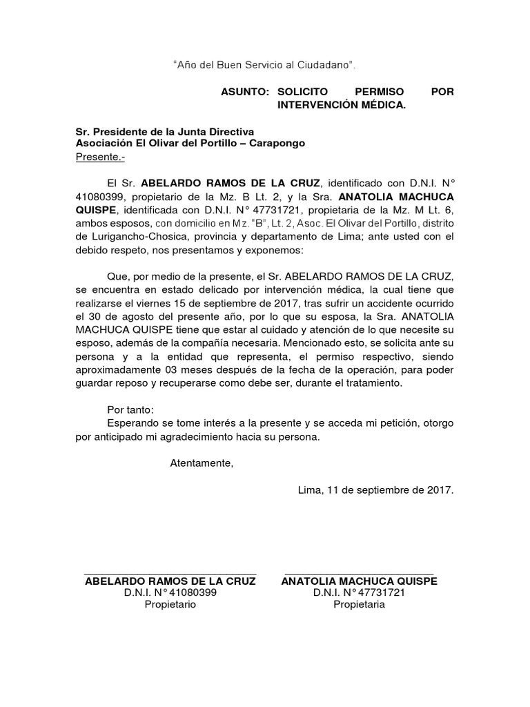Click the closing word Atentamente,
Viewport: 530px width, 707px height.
pos(202,463)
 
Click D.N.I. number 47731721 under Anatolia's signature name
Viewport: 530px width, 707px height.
pos(377,592)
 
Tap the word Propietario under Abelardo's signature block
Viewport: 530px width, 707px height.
pos(170,605)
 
